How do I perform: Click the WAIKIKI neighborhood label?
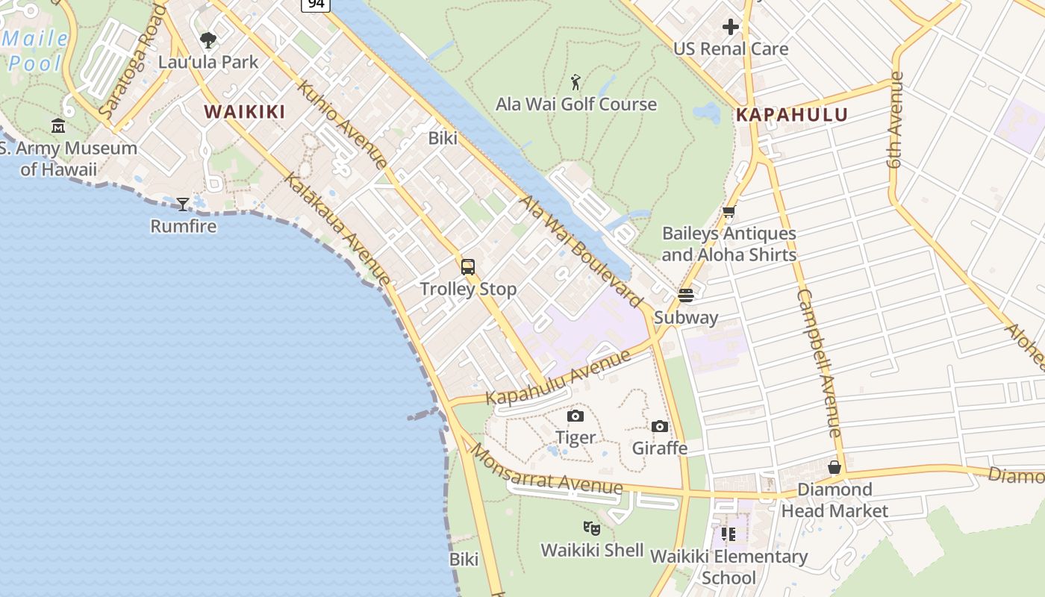tap(245, 113)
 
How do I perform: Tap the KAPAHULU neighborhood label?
tap(792, 115)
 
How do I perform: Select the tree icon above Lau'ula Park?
tap(208, 40)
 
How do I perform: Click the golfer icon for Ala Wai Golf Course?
tap(575, 81)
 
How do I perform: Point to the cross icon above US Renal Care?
tap(730, 28)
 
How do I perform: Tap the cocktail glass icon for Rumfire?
tap(183, 204)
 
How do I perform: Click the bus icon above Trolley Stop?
tap(468, 266)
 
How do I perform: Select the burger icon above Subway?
tap(686, 295)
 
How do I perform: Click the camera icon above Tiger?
tap(575, 416)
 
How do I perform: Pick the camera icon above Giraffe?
tap(660, 426)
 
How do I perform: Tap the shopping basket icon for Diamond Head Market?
tap(835, 467)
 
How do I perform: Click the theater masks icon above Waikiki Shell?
tap(592, 528)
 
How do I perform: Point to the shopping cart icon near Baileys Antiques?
tap(729, 212)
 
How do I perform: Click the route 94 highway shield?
tap(316, 4)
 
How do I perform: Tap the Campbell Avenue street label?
tap(820, 363)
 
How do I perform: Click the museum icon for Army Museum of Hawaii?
tap(58, 125)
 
